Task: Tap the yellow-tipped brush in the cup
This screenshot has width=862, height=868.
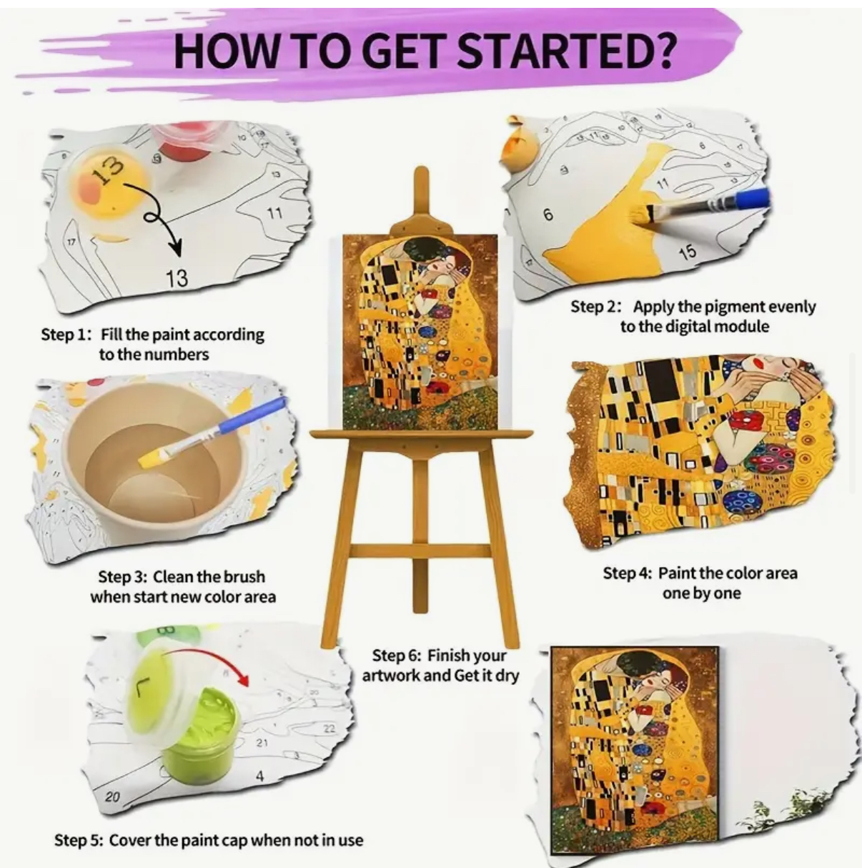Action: click(212, 432)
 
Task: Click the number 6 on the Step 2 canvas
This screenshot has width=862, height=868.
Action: click(548, 215)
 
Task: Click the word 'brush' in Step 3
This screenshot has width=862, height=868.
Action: click(244, 577)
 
